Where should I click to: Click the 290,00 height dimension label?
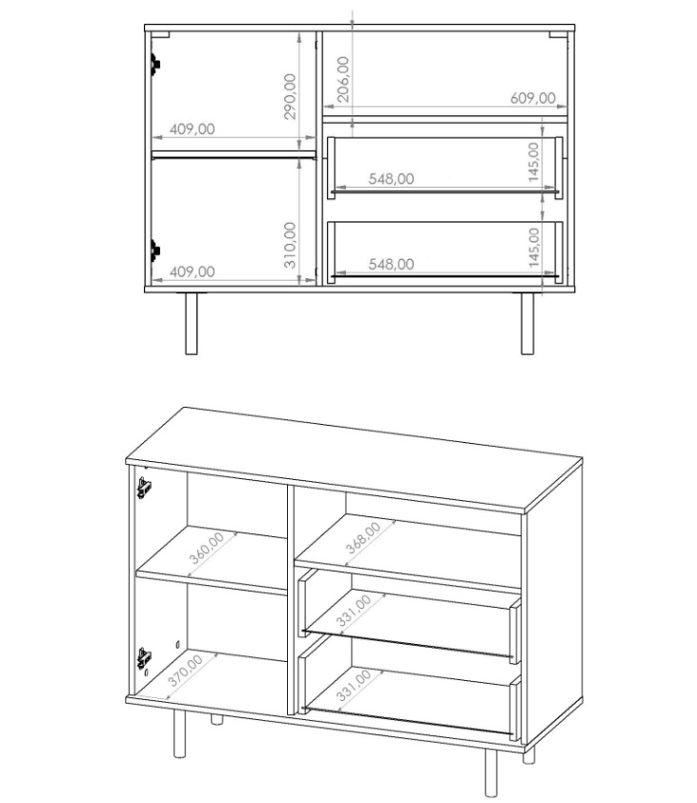(290, 96)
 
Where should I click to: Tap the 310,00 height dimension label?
(290, 245)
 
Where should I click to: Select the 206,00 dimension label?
(343, 79)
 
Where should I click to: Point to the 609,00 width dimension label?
(533, 98)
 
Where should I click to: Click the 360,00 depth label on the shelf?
(207, 548)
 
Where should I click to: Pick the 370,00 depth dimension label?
(185, 671)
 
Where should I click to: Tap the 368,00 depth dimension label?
(363, 538)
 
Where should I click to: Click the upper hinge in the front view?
(155, 64)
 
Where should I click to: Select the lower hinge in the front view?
(155, 251)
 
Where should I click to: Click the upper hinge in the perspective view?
(145, 488)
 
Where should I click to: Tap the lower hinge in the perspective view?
(145, 658)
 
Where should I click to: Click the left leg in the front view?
(191, 324)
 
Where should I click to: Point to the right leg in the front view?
(527, 324)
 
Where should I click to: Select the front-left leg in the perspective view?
(179, 733)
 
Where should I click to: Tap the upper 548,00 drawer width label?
(391, 179)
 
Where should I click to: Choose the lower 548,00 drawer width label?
(391, 264)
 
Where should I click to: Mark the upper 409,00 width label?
(193, 129)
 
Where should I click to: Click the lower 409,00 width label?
(193, 271)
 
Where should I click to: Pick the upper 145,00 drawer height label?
(534, 162)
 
